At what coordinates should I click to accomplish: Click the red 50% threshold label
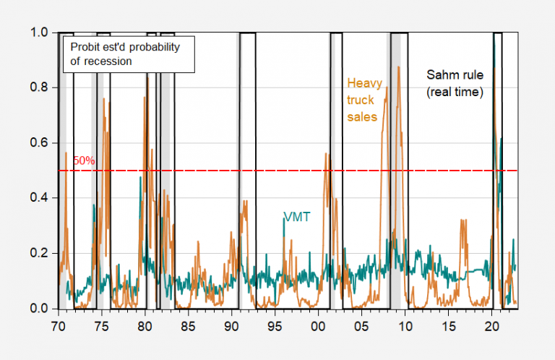84,160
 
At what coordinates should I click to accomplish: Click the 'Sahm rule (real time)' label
454,83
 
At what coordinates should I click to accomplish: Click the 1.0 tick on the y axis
40,33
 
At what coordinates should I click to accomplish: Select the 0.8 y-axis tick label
40,88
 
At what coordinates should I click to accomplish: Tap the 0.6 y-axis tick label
40,143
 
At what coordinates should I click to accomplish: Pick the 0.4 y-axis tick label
40,198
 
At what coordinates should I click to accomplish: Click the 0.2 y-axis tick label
40,254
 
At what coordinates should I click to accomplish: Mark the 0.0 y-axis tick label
40,309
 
